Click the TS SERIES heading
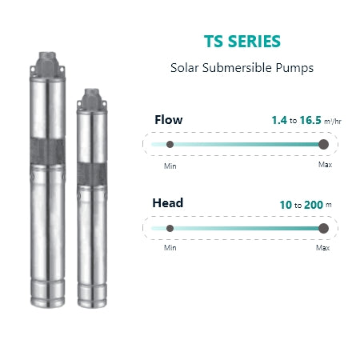tap(242, 42)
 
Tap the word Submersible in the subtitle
tap(237, 67)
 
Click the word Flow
tap(169, 120)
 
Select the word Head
tap(168, 203)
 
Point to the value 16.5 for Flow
tap(310, 120)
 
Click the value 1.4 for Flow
tap(279, 120)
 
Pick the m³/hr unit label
tap(333, 122)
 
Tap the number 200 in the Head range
tap(314, 205)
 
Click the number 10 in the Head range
tap(286, 205)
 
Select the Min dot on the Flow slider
tap(170, 145)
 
